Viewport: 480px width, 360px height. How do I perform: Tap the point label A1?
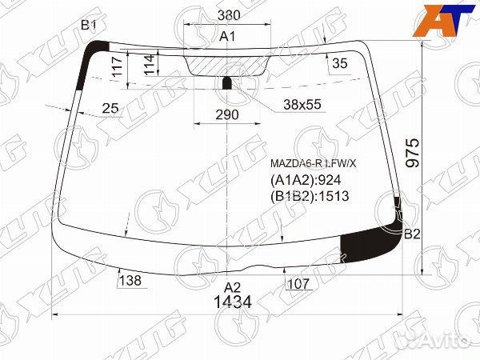coord(228,37)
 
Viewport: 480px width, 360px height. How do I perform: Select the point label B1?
coord(89,26)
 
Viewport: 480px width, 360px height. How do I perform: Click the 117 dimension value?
coord(117,67)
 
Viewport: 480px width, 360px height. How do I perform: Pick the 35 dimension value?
coord(339,64)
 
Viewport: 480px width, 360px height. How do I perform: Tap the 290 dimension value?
coord(227,115)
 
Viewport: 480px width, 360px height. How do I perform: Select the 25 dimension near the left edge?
coord(110,109)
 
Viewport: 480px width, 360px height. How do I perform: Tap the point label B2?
coord(411,234)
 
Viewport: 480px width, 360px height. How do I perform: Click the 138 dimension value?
coord(129,281)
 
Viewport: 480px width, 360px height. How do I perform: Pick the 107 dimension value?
coord(297,282)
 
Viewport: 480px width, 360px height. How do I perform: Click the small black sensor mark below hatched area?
coord(227,82)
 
